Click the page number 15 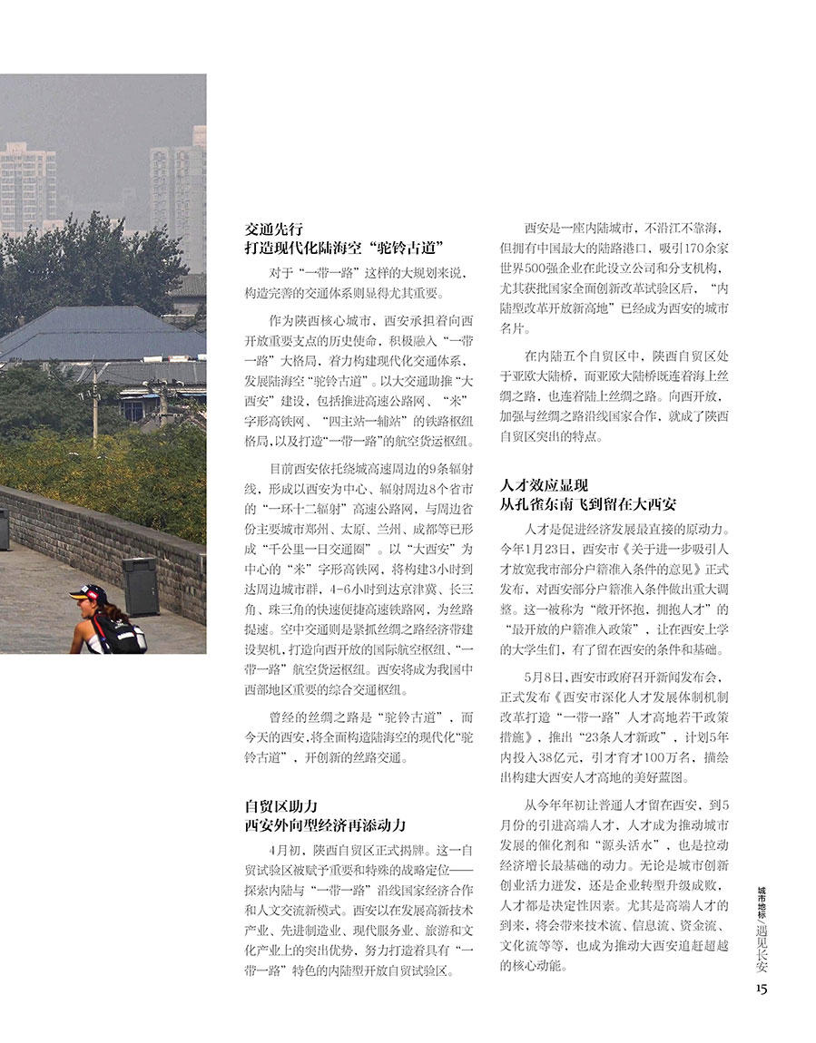pos(761,988)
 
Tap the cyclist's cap pos(88,593)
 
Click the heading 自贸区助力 pos(280,805)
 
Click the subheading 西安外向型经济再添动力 pos(325,825)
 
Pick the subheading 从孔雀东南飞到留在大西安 pos(587,504)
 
